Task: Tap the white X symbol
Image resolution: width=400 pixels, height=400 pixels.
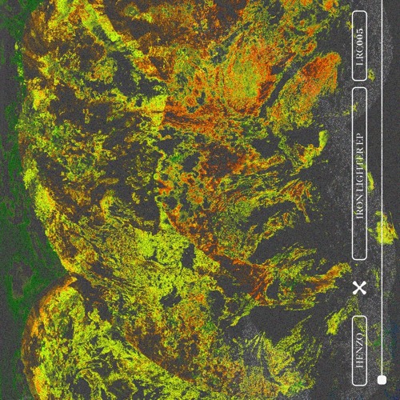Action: (359, 287)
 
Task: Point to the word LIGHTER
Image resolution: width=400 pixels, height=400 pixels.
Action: (359, 180)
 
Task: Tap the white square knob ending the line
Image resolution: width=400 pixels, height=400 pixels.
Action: (382, 379)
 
